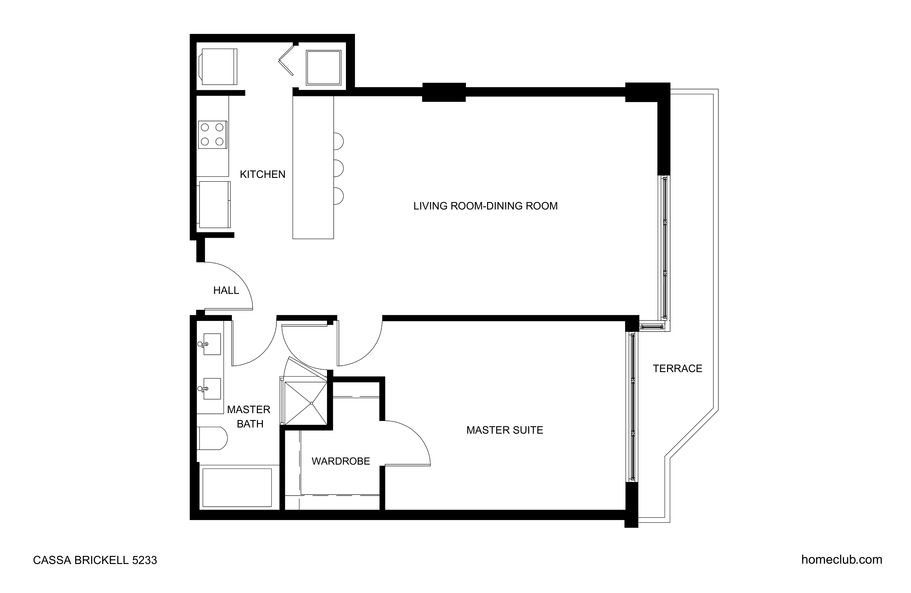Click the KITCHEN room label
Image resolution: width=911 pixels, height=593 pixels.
pos(262,174)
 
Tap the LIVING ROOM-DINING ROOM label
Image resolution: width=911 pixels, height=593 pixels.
pos(485,206)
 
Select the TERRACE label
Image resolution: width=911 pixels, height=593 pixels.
pos(678,369)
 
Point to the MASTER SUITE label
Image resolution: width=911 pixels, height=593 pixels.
pos(504,430)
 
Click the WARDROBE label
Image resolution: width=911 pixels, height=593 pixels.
pos(341,461)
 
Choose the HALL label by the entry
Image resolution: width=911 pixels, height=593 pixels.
pos(226,290)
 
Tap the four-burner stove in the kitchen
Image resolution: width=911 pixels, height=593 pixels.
pos(213,135)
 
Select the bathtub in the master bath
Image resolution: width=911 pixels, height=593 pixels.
pos(237,488)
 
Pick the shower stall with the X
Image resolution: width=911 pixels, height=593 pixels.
pos(306,403)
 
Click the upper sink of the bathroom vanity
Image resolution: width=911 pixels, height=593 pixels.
pos(211,344)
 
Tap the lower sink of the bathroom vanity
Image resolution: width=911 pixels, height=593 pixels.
pos(211,389)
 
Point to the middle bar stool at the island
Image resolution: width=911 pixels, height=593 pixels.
pos(338,168)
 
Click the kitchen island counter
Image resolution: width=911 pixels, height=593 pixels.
pos(313,167)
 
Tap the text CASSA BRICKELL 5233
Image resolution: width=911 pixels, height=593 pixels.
pos(95,560)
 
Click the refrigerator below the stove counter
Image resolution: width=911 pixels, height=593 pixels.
pos(214,205)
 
